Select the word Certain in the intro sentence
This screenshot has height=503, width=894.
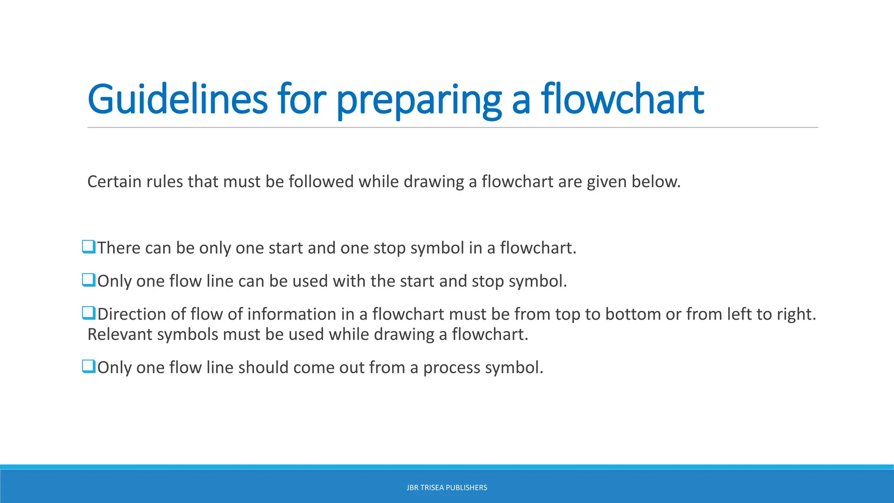114,182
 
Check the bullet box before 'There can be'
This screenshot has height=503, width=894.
89,247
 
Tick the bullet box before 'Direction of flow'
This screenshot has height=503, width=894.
89,313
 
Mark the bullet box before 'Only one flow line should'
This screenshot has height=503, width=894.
89,366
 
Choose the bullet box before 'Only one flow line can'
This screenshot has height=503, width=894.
89,280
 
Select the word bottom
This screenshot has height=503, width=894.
633,314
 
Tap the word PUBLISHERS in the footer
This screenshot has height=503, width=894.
466,488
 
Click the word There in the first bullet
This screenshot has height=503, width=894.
119,248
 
